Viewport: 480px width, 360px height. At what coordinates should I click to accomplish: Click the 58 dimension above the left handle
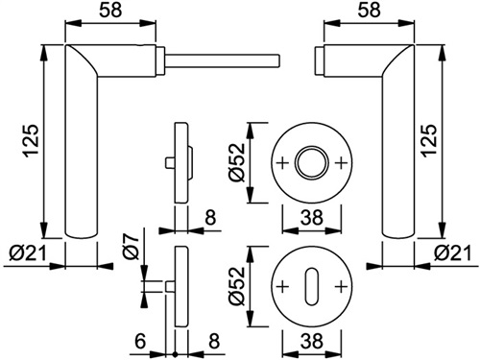[x=110, y=10]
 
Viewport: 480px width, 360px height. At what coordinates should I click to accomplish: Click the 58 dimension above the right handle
[x=369, y=10]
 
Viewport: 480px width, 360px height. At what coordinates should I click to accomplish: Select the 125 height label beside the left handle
[x=32, y=141]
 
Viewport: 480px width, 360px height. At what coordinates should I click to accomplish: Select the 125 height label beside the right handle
[x=430, y=141]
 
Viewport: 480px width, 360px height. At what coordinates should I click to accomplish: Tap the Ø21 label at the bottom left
[x=28, y=253]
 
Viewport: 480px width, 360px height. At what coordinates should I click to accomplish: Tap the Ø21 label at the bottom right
[x=452, y=253]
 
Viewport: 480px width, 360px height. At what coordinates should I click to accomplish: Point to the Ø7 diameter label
[x=131, y=246]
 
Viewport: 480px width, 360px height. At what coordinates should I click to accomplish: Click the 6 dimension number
[x=140, y=342]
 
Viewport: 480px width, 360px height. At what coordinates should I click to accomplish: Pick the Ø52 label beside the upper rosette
[x=237, y=162]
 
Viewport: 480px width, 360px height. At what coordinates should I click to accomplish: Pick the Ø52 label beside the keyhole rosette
[x=237, y=286]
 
